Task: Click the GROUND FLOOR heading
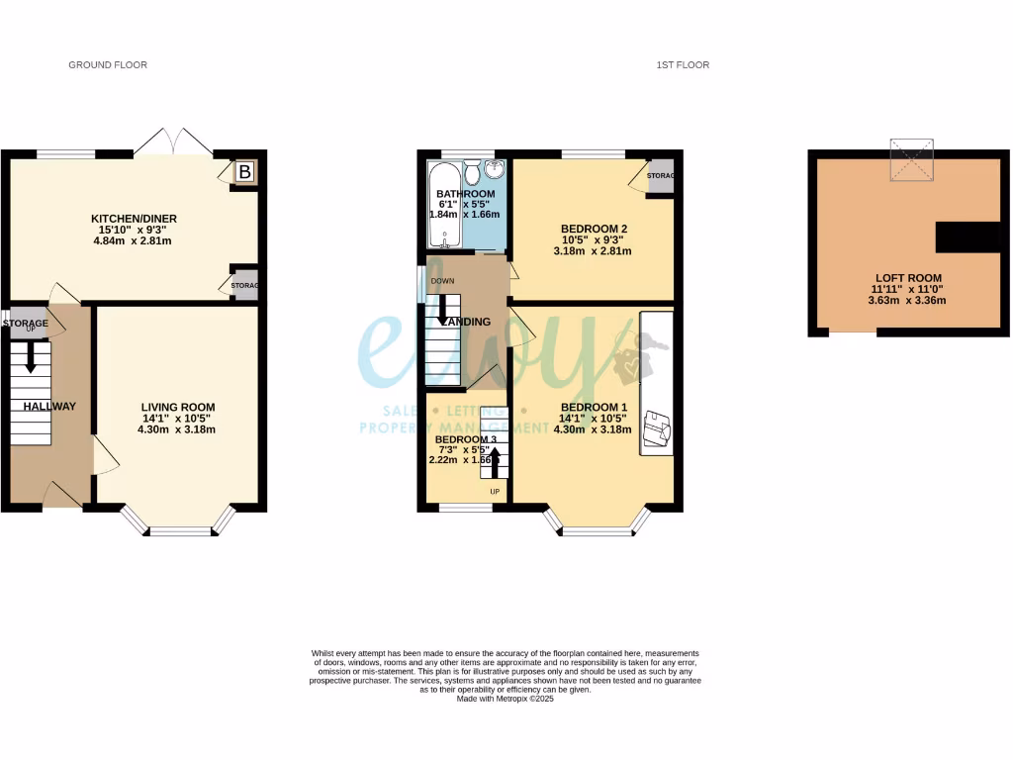108,65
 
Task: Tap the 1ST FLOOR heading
683,65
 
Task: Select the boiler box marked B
243,172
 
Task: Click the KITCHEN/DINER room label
134,219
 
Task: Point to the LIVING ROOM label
178,407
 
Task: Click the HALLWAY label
49,406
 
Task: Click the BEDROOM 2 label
591,228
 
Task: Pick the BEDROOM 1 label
594,407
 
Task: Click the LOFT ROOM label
908,278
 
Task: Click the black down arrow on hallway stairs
30,357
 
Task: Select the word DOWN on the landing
442,281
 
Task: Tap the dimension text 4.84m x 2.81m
134,240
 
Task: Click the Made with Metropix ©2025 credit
506,699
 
